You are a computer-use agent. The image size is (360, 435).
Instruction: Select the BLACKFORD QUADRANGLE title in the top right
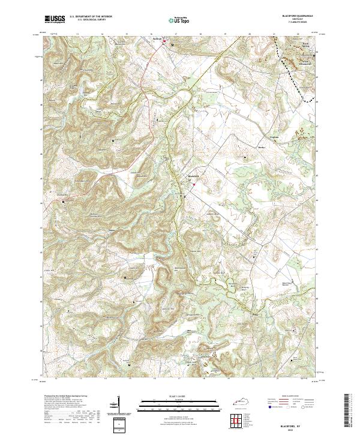coord(294,16)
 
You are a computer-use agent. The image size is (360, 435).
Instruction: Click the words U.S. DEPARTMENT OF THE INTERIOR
coord(91,16)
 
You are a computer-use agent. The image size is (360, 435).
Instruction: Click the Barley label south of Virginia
coord(260,146)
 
